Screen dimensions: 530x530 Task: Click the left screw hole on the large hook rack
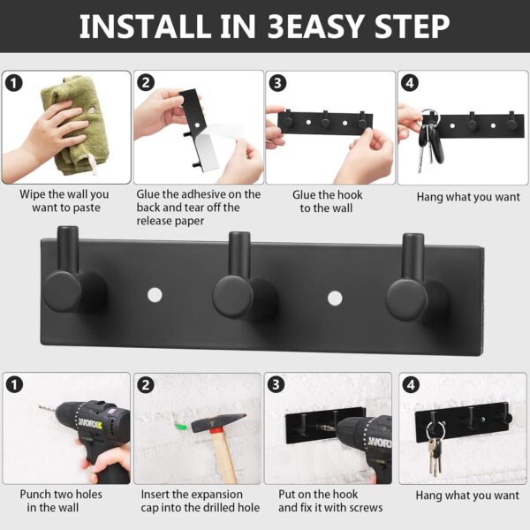(155, 295)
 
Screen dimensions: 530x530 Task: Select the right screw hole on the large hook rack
(335, 299)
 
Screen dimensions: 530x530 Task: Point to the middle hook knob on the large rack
(233, 297)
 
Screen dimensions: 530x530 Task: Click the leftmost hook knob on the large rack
(62, 291)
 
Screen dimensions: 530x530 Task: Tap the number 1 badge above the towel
(14, 83)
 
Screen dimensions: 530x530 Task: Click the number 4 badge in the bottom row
(411, 384)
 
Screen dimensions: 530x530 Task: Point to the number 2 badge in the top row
(146, 83)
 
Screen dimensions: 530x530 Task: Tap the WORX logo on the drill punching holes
(90, 423)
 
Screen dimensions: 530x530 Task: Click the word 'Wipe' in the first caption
(33, 194)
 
